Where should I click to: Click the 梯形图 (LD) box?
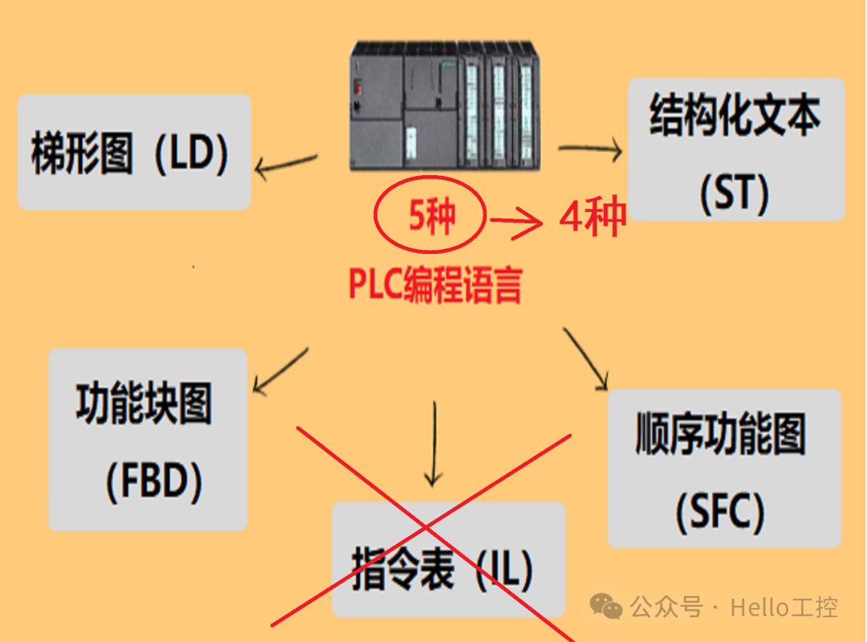pyautogui.click(x=134, y=152)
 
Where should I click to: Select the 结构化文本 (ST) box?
pyautogui.click(x=735, y=149)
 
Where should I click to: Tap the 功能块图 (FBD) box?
pyautogui.click(x=148, y=440)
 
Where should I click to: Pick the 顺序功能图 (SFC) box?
pyautogui.click(x=724, y=468)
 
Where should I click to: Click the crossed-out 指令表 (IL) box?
pyautogui.click(x=448, y=560)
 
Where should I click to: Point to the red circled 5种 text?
pyautogui.click(x=431, y=216)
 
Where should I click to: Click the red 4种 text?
pyautogui.click(x=592, y=217)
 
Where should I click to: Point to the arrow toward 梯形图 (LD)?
pyautogui.click(x=286, y=164)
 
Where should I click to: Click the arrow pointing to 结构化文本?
pyautogui.click(x=591, y=149)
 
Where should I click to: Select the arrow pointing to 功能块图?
pyautogui.click(x=279, y=371)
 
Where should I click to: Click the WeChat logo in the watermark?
pyautogui.click(x=606, y=607)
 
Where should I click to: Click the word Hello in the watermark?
pyautogui.click(x=759, y=607)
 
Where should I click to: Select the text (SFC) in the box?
pyautogui.click(x=720, y=512)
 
